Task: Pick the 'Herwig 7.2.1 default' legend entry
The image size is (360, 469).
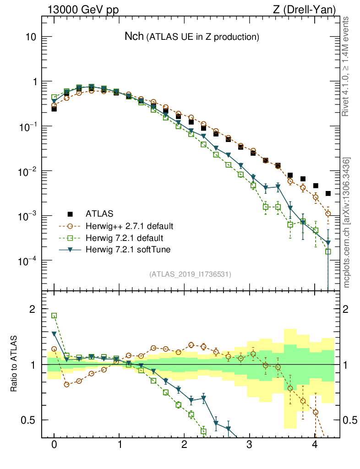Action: click(x=125, y=238)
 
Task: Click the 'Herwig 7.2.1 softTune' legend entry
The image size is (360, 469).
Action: click(x=127, y=250)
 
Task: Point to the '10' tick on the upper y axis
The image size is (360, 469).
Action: click(x=30, y=37)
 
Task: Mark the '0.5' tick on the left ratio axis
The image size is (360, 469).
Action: click(x=29, y=420)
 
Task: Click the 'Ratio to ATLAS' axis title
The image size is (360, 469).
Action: click(x=14, y=364)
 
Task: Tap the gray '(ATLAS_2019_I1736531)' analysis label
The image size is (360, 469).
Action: click(x=190, y=274)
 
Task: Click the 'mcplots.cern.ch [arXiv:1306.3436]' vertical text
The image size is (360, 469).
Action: click(x=347, y=223)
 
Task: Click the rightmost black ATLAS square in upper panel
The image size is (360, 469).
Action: click(x=328, y=194)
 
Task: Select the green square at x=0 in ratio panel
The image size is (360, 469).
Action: click(x=54, y=316)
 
